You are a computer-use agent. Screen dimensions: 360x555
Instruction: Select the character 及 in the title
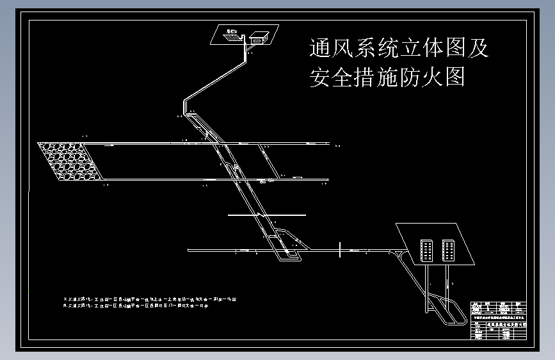click(x=477, y=48)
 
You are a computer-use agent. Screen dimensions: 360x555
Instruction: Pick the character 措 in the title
click(x=373, y=77)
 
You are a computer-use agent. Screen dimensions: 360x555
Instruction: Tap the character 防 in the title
click(x=399, y=77)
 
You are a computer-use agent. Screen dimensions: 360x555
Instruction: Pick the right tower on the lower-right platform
click(x=447, y=250)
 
